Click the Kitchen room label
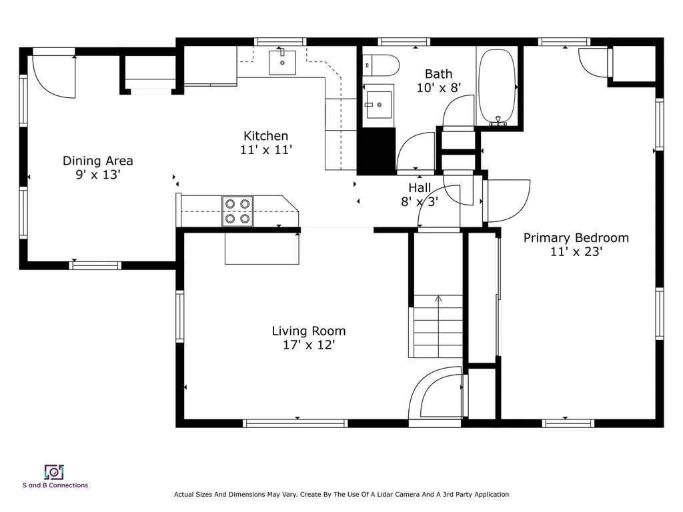pyautogui.click(x=265, y=136)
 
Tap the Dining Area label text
pyautogui.click(x=97, y=161)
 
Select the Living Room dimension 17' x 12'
pyautogui.click(x=309, y=345)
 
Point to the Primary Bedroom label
pyautogui.click(x=576, y=238)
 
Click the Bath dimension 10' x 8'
pyautogui.click(x=439, y=88)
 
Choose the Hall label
pyautogui.click(x=420, y=187)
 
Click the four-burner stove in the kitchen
pyautogui.click(x=237, y=211)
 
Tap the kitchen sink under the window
pyautogui.click(x=282, y=62)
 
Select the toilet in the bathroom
pyautogui.click(x=381, y=65)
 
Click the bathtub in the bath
pyautogui.click(x=497, y=87)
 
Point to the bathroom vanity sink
pyautogui.click(x=379, y=105)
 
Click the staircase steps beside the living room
pyautogui.click(x=438, y=327)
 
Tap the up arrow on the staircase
pyautogui.click(x=438, y=299)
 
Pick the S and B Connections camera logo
pyautogui.click(x=54, y=473)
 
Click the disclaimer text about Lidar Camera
pyautogui.click(x=341, y=494)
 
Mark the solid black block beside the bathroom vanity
pyautogui.click(x=376, y=151)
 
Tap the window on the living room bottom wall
pyautogui.click(x=295, y=423)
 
